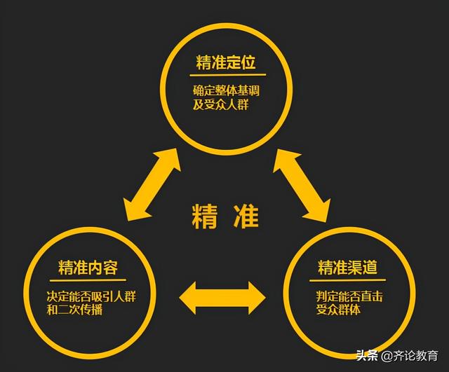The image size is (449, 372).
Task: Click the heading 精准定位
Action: pyautogui.click(x=226, y=62)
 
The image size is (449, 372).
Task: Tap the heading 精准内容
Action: pyautogui.click(x=88, y=267)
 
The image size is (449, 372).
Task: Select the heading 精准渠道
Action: pyautogui.click(x=347, y=267)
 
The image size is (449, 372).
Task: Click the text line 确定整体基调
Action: pyautogui.click(x=226, y=90)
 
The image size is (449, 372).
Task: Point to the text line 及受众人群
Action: pyautogui.click(x=220, y=104)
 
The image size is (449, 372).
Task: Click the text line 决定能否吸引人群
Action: pyautogui.click(x=91, y=296)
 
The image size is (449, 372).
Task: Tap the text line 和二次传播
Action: pyautogui.click(x=74, y=310)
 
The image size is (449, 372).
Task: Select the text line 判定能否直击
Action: pyautogui.click(x=349, y=296)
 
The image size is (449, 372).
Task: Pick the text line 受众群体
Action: pyautogui.click(x=338, y=310)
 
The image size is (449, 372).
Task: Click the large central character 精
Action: pyautogui.click(x=204, y=216)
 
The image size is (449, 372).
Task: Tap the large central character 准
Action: pyautogui.click(x=246, y=216)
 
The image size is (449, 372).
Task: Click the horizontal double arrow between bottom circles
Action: pyautogui.click(x=222, y=298)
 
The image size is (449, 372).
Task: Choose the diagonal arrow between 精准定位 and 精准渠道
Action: pyautogui.click(x=302, y=186)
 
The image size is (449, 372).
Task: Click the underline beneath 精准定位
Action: pyautogui.click(x=227, y=75)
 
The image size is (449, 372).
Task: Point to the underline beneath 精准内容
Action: pyautogui.click(x=88, y=280)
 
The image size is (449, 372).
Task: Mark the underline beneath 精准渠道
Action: pyautogui.click(x=347, y=280)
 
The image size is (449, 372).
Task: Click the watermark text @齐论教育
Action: pyautogui.click(x=410, y=357)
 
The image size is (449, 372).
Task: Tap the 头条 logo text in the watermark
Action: pyautogui.click(x=367, y=356)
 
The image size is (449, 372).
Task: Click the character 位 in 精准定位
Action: pyautogui.click(x=248, y=62)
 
